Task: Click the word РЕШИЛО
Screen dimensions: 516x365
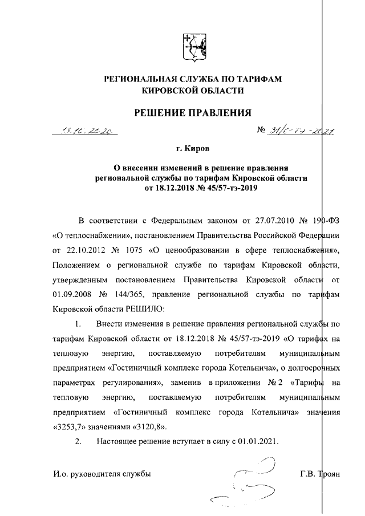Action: [143, 310]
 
